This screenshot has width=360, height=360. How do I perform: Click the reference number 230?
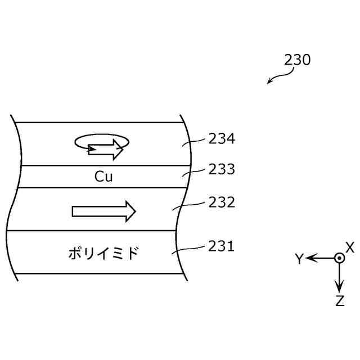pyautogui.click(x=297, y=60)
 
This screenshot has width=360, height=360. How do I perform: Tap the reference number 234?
pyautogui.click(x=222, y=138)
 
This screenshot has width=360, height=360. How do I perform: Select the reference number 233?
pyautogui.click(x=222, y=169)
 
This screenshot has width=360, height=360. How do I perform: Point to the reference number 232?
pyautogui.click(x=222, y=202)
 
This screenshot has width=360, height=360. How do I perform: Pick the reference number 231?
pyautogui.click(x=222, y=246)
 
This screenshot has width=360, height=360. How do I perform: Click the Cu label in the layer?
pyautogui.click(x=103, y=177)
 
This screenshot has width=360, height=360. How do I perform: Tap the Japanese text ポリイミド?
pyautogui.click(x=103, y=254)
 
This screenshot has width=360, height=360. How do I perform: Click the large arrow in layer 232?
pyautogui.click(x=104, y=211)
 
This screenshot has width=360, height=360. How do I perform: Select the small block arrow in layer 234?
pyautogui.click(x=106, y=149)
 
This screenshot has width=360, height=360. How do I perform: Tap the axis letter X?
pyautogui.click(x=349, y=247)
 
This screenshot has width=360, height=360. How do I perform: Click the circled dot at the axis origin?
pyautogui.click(x=339, y=258)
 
